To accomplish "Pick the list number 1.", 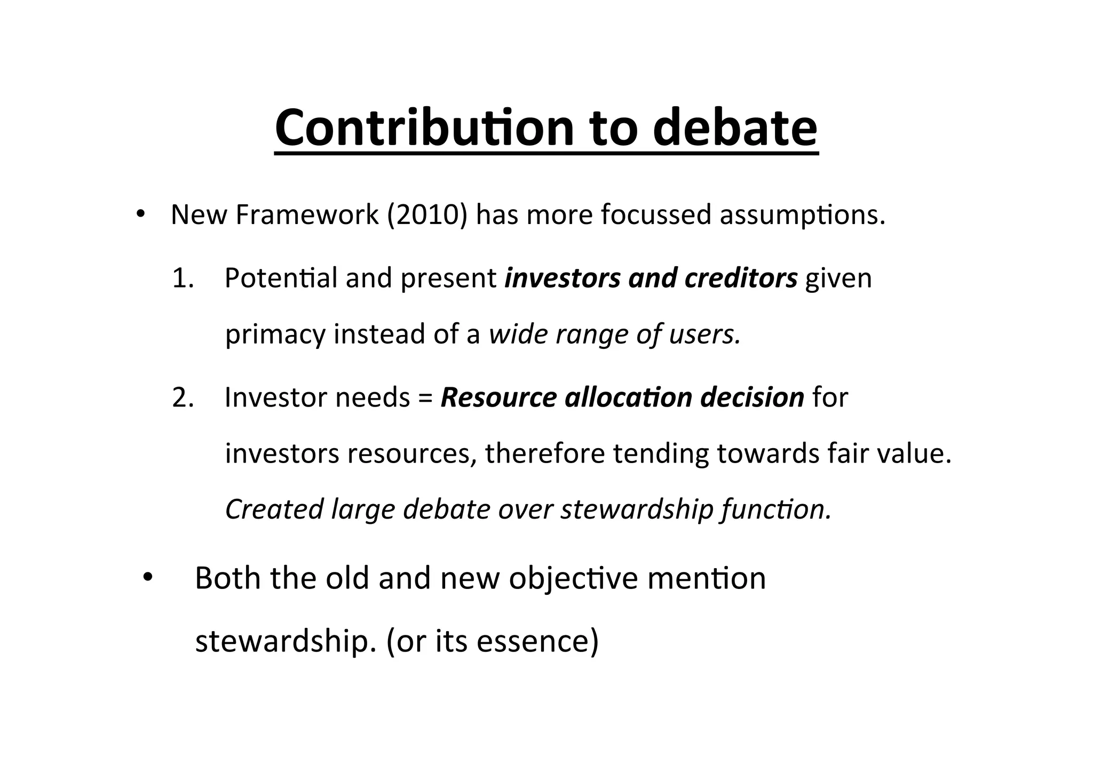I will click(x=183, y=278).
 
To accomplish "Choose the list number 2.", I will click(x=183, y=397).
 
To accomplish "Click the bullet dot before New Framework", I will click(x=140, y=214).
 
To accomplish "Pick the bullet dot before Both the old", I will click(x=148, y=578).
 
